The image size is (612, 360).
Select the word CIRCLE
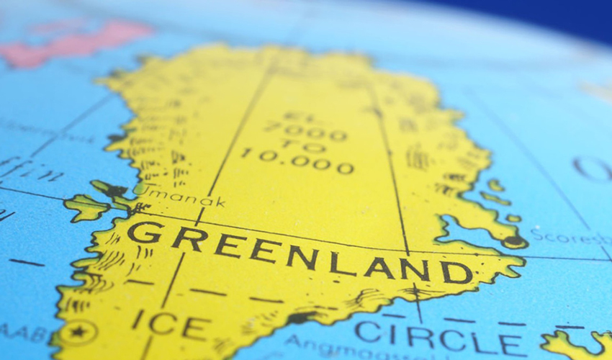pyautogui.click(x=440, y=338)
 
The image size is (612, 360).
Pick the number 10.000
pyautogui.click(x=297, y=161)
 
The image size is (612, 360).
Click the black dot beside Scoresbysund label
pyautogui.click(x=513, y=241)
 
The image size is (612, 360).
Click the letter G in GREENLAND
pyautogui.click(x=144, y=232)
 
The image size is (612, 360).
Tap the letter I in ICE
pyautogui.click(x=137, y=319)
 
